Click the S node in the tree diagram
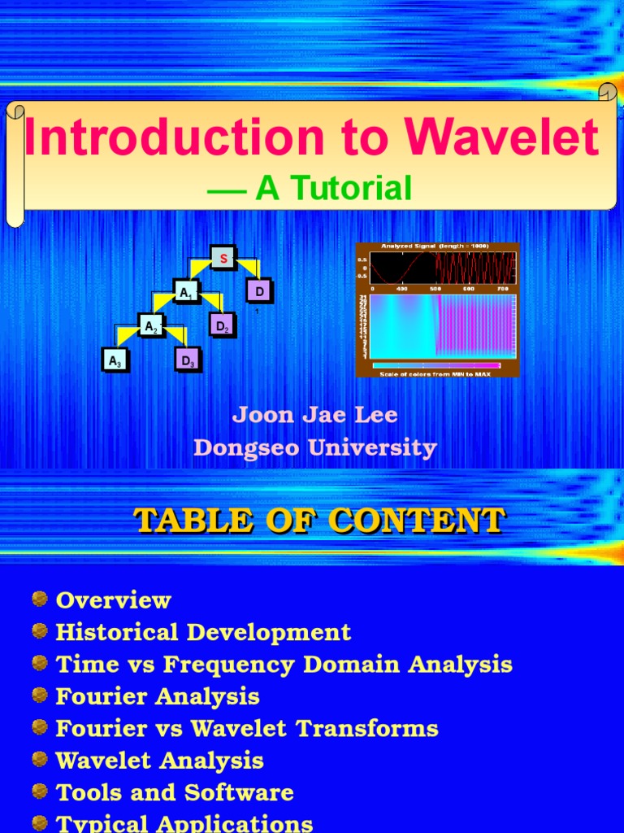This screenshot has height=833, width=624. tap(223, 258)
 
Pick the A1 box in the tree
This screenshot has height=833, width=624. tap(186, 291)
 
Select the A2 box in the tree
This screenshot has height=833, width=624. tap(150, 326)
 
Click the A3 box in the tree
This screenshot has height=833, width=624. tap(115, 360)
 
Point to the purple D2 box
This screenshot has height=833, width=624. tap(222, 325)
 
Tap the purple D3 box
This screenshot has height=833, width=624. tap(188, 360)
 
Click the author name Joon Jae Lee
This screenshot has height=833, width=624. tap(315, 415)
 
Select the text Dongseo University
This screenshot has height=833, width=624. tap(315, 448)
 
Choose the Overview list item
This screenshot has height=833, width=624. tap(113, 600)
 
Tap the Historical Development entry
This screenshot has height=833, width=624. tap(203, 632)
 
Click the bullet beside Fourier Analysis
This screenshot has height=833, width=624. tap(40, 696)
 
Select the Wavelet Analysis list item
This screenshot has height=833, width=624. tap(159, 761)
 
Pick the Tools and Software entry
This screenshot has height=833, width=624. tap(174, 792)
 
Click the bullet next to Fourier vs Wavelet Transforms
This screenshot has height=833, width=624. tap(40, 727)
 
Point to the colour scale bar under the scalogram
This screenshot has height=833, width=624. tap(436, 365)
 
